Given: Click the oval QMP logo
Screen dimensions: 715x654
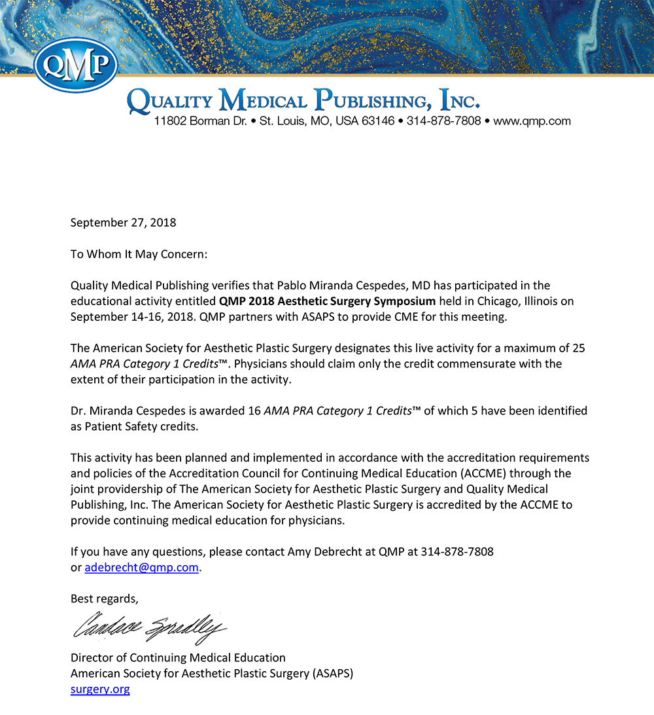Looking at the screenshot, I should coord(75,64).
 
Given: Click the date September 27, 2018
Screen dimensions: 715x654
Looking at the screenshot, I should coord(123,223).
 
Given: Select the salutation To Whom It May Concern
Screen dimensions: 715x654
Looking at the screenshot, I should coord(139,254).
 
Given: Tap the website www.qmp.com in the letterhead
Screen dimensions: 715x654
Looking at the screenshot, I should coord(532,121).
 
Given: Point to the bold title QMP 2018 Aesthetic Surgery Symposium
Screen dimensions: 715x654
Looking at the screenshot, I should coord(327,301).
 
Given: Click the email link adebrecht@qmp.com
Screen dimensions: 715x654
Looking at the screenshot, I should coord(141,568).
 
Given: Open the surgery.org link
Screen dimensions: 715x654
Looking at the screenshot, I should coord(100,689).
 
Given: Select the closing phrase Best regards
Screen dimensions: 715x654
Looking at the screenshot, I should coord(105,598).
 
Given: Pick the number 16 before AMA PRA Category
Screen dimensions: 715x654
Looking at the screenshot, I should coord(253,411).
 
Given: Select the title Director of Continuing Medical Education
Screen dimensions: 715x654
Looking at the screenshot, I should coord(178,657).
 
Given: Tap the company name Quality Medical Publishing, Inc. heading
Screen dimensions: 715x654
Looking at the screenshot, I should coord(303,101).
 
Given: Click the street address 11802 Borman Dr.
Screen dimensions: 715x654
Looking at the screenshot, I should coord(200,121).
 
